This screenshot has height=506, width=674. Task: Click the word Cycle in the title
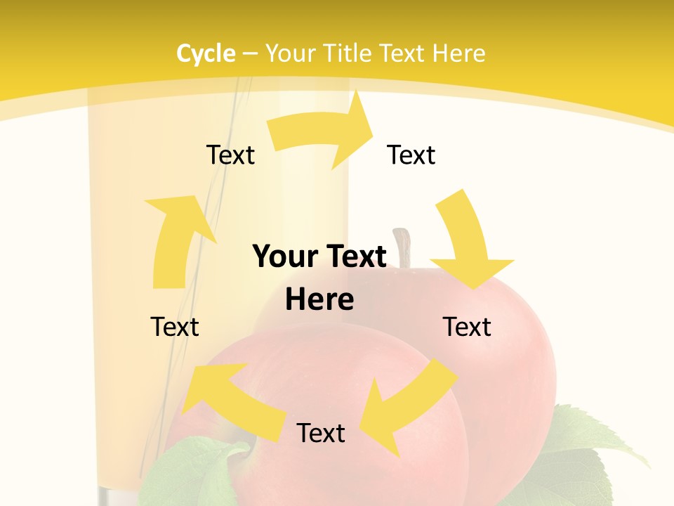pyautogui.click(x=206, y=53)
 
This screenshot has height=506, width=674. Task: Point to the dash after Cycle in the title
pyautogui.click(x=251, y=54)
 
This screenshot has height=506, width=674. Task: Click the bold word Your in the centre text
pyautogui.click(x=284, y=257)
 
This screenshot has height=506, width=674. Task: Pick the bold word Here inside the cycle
pyautogui.click(x=319, y=300)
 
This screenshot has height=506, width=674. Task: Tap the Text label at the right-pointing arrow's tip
pyautogui.click(x=411, y=155)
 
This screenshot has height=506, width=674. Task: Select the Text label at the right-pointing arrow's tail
pyautogui.click(x=230, y=155)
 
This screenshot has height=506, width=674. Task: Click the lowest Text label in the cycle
pyautogui.click(x=321, y=433)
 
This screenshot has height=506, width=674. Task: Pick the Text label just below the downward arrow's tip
pyautogui.click(x=467, y=327)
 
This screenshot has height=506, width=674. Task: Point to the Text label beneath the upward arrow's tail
pyautogui.click(x=175, y=327)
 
